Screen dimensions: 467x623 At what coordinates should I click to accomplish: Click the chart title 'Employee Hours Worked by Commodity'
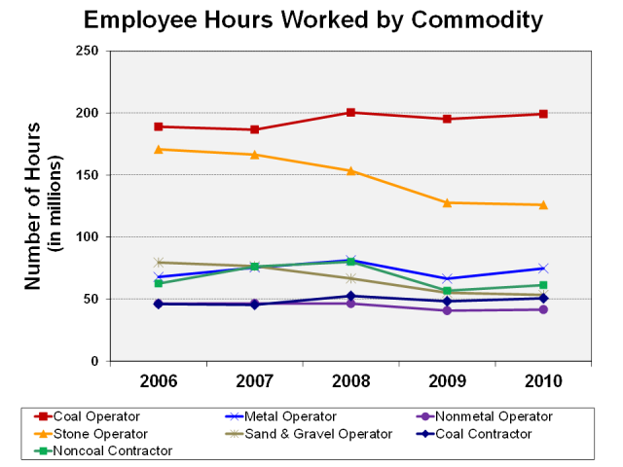point(312,19)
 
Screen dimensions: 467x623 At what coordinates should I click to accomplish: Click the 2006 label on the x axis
point(159,379)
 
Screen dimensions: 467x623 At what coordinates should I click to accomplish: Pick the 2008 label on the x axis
point(350,379)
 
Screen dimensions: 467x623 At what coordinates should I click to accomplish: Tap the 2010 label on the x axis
point(542,379)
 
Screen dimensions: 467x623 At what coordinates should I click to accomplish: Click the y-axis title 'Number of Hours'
point(33,205)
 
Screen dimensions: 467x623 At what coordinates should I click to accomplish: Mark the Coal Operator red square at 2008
point(350,113)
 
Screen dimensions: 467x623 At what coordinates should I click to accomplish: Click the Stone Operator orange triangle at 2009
point(447,202)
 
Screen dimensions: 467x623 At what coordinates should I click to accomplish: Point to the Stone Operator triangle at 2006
point(159,149)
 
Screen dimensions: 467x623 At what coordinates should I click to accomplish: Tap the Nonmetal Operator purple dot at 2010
point(543,309)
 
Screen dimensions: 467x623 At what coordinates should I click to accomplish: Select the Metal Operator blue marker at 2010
point(543,269)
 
